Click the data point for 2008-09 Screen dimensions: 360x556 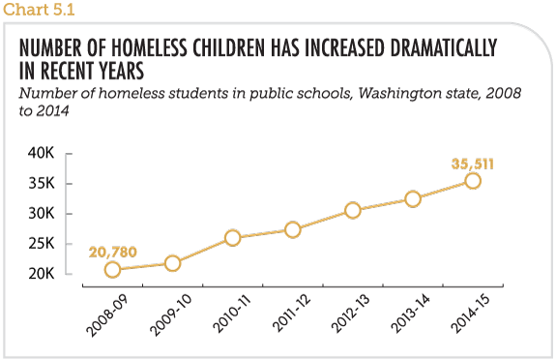tap(112, 270)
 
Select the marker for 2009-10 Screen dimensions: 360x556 tap(172, 263)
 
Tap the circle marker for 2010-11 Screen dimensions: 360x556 tap(232, 238)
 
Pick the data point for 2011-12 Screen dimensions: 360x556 tap(292, 229)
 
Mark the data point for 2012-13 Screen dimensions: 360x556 tap(353, 210)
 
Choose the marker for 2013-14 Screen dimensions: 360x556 tap(413, 198)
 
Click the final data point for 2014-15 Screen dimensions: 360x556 tap(473, 180)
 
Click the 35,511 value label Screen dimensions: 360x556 tap(474, 162)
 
